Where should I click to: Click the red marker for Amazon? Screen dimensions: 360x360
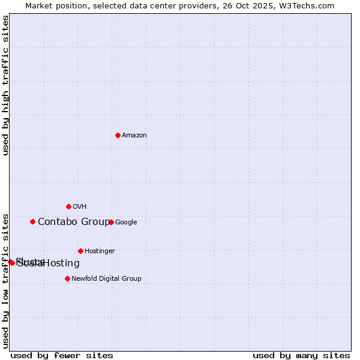tap(118, 135)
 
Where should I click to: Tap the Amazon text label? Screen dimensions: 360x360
tap(134, 136)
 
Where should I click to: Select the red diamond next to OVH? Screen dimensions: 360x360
tap(68, 206)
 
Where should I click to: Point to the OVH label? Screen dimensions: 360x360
tap(80, 207)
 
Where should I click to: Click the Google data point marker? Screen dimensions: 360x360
tap(111, 222)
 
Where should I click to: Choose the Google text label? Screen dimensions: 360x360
tap(126, 223)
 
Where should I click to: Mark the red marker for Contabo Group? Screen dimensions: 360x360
tap(32, 221)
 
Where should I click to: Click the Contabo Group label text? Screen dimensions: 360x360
tap(73, 222)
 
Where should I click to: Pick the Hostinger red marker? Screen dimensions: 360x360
tap(80, 251)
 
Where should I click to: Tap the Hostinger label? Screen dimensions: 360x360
tap(100, 251)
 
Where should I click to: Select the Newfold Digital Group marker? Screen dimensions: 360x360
tap(67, 278)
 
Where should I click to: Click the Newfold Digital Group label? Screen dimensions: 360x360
tap(106, 279)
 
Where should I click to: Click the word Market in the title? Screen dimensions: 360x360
tap(39, 6)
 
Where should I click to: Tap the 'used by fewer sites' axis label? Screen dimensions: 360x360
tap(62, 355)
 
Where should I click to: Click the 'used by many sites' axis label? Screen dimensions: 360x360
tap(301, 355)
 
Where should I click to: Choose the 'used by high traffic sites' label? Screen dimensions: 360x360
tap(5, 85)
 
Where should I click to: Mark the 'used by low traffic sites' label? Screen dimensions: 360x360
tap(5, 280)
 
